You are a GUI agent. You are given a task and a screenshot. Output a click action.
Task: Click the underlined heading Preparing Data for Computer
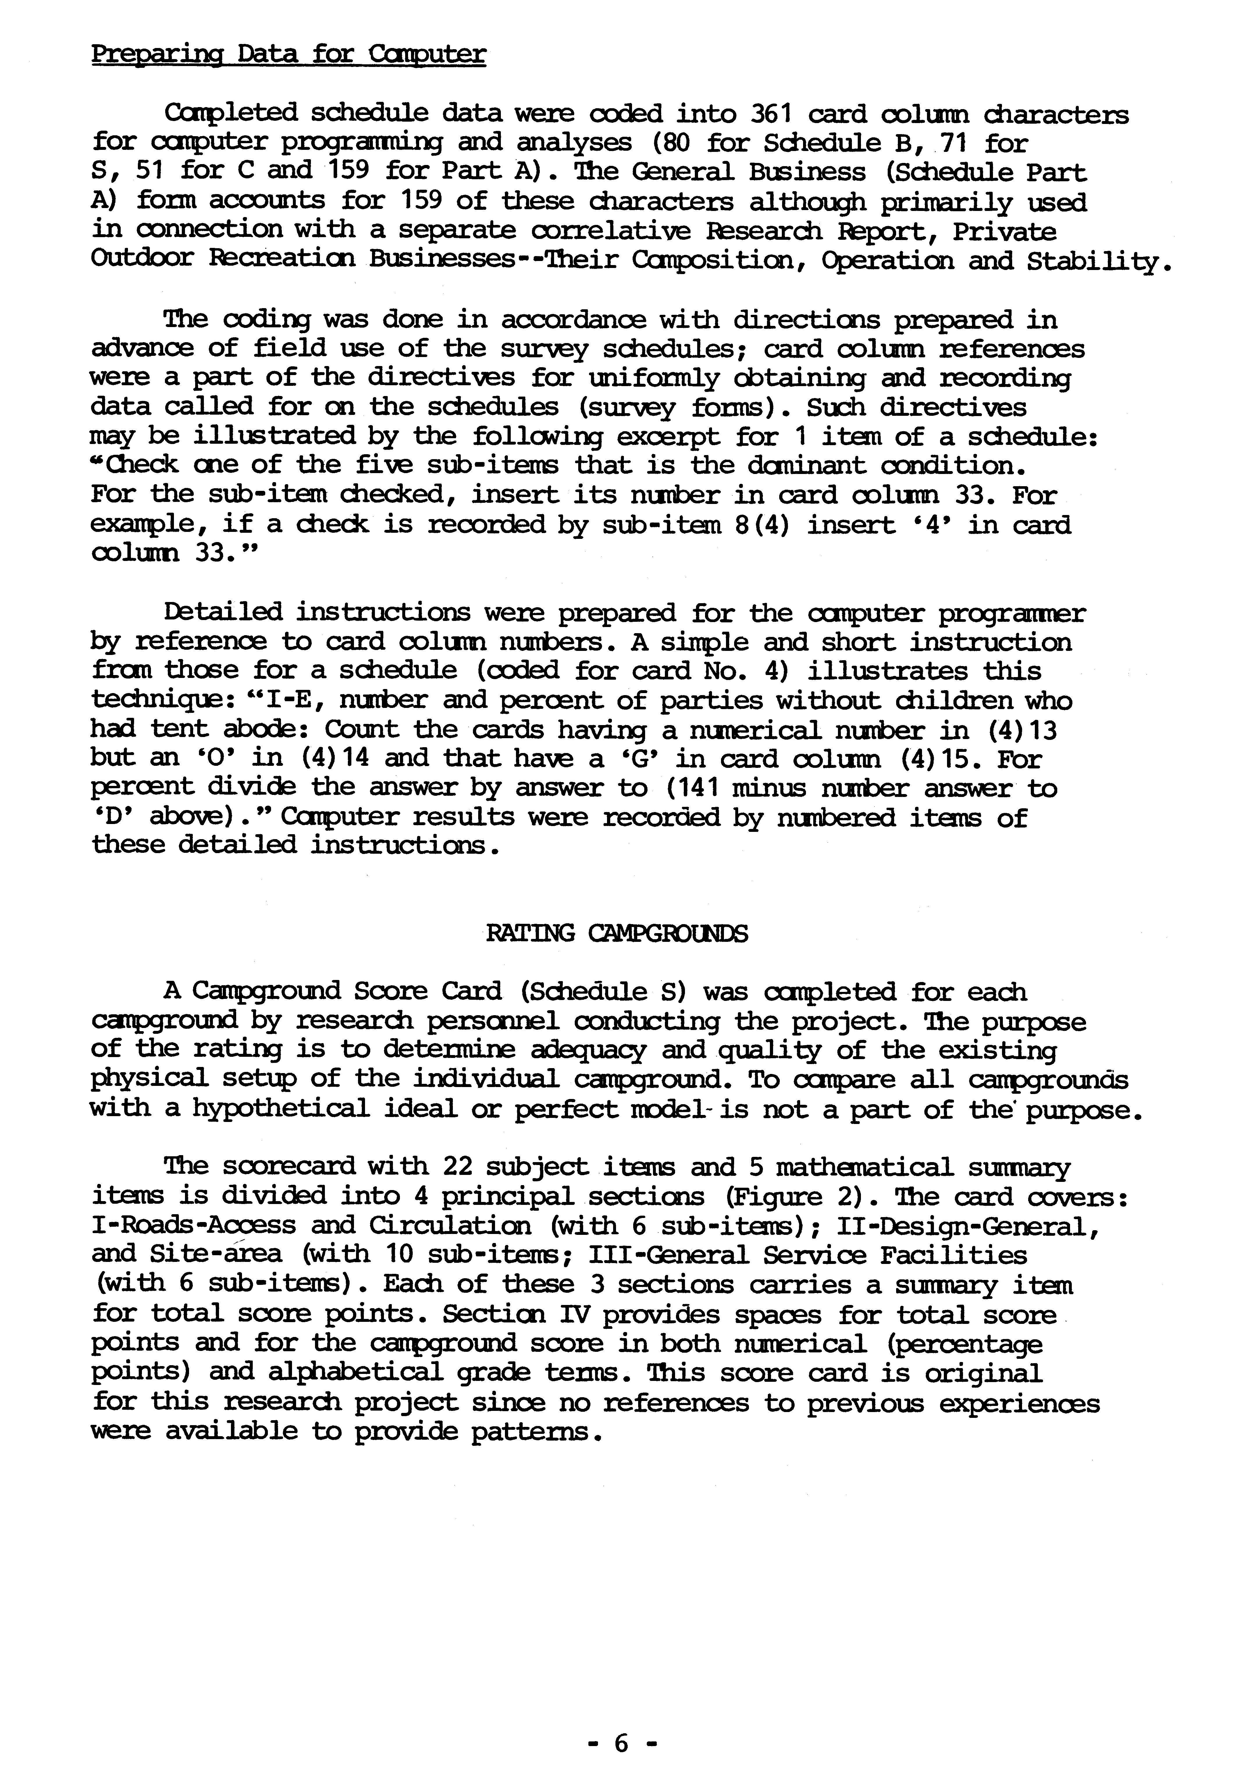pos(288,54)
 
